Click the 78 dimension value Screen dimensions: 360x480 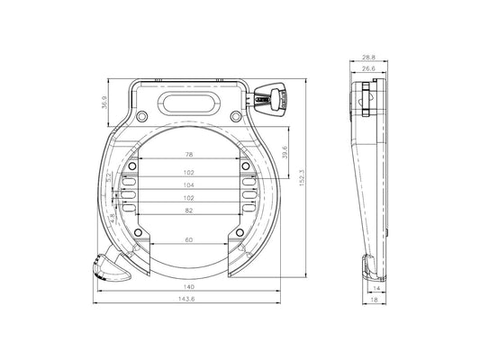pyautogui.click(x=189, y=154)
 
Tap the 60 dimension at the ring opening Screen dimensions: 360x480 pyautogui.click(x=189, y=241)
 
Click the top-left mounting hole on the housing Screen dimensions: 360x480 pyautogui.click(x=142, y=116)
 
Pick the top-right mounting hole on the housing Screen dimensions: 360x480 pyautogui.click(x=235, y=116)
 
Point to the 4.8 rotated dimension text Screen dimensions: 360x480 pyautogui.click(x=108, y=216)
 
